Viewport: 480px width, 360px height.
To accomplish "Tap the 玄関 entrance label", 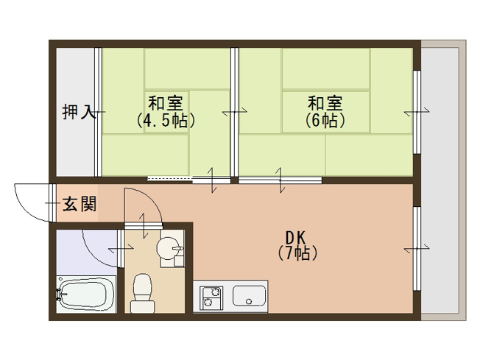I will pyautogui.click(x=79, y=204).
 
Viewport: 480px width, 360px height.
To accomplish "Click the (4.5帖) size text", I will pyautogui.click(x=166, y=121).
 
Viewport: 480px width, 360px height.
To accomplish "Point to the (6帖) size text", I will pyautogui.click(x=325, y=121).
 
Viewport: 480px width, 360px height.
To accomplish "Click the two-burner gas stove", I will pyautogui.click(x=211, y=297).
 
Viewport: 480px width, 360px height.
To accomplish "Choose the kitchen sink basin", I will pyautogui.click(x=250, y=297).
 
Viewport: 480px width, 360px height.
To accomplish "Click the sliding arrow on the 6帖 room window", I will pyautogui.click(x=417, y=112).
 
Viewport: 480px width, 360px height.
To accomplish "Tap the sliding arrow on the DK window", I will pyautogui.click(x=417, y=250).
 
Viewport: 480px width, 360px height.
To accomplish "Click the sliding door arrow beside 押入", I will pyautogui.click(x=97, y=112).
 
